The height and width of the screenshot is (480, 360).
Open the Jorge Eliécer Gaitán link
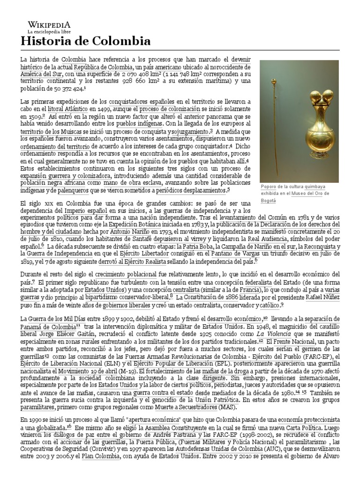[67, 332]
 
